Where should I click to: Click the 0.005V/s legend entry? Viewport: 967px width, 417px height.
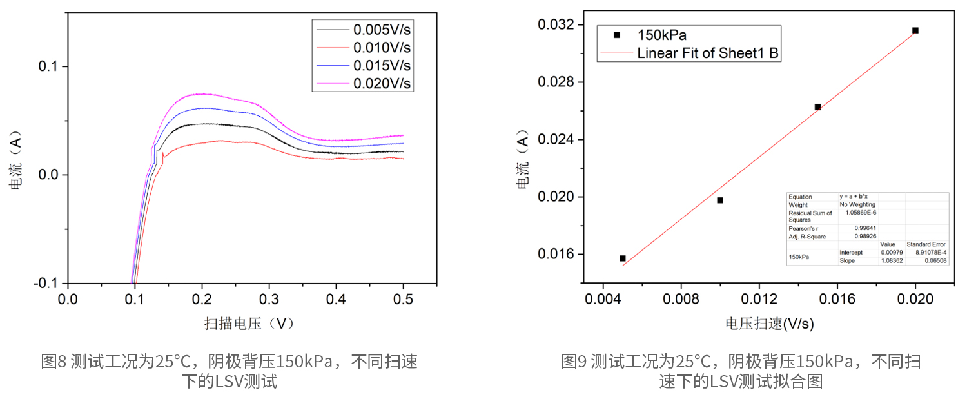382,29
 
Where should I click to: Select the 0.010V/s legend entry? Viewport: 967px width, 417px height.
382,47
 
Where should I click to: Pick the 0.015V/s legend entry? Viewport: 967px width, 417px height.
382,65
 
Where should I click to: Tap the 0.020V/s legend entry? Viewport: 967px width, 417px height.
382,83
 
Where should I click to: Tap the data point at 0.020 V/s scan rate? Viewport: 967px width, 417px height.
915,30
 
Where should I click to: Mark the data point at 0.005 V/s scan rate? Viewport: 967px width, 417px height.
623,258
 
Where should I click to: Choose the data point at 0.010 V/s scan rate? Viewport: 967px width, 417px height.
720,200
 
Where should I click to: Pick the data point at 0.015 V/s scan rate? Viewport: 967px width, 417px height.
817,107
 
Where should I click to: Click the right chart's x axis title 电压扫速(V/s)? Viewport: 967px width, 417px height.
769,324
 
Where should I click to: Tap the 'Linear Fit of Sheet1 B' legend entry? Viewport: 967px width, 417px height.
708,53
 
